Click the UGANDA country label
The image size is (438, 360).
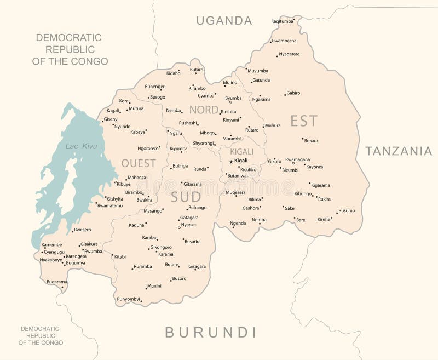224,21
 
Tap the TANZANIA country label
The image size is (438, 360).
399,151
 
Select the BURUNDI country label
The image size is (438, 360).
211,332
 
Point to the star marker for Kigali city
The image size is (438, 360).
231,162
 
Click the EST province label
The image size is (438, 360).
304,121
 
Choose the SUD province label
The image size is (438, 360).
186,197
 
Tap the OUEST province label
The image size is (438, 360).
139,163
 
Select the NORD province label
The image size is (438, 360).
204,110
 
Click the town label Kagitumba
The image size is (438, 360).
282,21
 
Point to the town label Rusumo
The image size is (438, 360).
347,210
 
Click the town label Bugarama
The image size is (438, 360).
56,282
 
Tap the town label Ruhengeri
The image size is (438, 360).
155,87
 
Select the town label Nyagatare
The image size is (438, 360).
289,54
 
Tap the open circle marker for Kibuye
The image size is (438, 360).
115,182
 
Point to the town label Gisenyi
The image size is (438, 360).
111,119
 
